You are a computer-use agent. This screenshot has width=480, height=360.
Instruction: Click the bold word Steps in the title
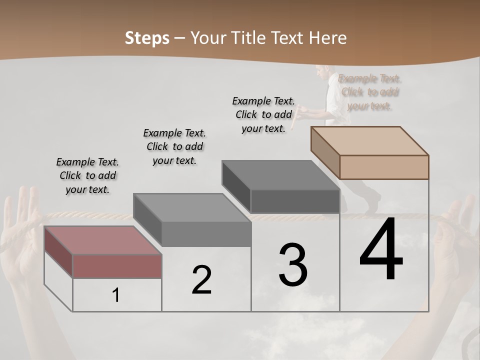147,38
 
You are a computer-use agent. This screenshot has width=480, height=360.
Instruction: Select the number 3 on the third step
292,264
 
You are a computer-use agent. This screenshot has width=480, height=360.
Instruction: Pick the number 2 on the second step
201,280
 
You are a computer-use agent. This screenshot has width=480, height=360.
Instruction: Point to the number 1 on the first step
116,295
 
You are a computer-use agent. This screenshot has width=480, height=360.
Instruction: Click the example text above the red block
87,175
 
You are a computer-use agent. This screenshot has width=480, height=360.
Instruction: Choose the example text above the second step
174,146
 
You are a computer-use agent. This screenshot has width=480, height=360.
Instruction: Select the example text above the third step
263,114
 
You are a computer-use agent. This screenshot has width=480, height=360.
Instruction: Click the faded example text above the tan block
370,92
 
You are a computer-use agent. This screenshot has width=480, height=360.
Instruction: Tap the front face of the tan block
384,167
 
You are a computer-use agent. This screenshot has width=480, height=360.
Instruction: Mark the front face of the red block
117,266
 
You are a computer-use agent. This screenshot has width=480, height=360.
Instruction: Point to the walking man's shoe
372,205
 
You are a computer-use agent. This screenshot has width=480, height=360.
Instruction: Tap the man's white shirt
332,100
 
